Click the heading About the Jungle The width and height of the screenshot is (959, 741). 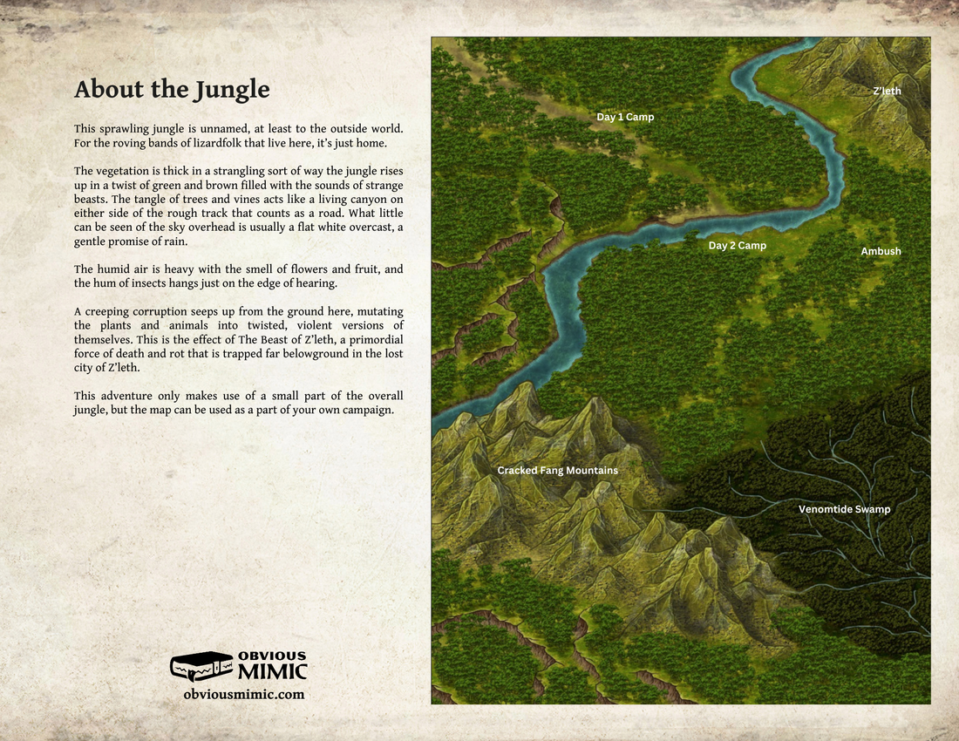point(172,90)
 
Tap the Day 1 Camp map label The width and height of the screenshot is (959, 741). point(625,117)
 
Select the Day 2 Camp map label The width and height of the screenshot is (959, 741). point(737,246)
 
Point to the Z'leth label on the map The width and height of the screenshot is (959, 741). point(887,91)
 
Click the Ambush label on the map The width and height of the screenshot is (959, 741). point(881,251)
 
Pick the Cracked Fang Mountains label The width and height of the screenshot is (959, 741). point(557,471)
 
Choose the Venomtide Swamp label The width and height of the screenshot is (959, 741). point(844,509)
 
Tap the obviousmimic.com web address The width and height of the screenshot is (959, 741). point(244,695)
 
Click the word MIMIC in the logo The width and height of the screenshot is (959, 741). point(272,671)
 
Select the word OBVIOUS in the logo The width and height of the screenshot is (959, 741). point(272,656)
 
